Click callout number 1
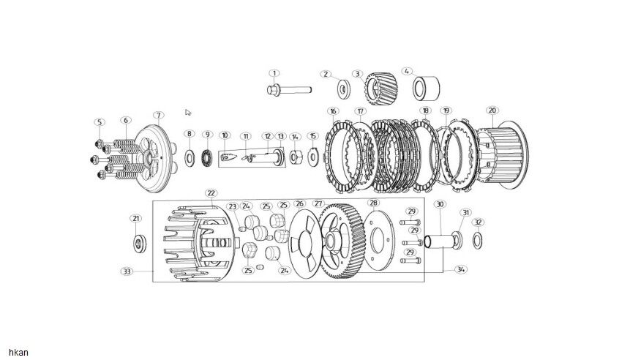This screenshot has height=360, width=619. click(x=274, y=73)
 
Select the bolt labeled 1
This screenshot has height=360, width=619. click(x=289, y=90)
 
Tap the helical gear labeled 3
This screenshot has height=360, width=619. click(x=381, y=89)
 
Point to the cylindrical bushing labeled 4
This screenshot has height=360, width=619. click(x=427, y=89)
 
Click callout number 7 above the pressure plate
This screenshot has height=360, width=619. click(x=158, y=116)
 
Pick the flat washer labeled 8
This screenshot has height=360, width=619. click(x=190, y=158)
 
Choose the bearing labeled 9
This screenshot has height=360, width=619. click(x=207, y=158)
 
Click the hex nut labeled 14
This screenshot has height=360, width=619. click(x=296, y=157)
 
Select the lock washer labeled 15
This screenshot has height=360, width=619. click(x=313, y=157)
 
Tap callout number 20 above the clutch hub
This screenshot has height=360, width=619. click(x=492, y=110)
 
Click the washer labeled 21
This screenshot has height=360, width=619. click(x=140, y=244)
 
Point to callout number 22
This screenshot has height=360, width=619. click(x=211, y=193)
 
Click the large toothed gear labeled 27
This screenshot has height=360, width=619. click(x=342, y=241)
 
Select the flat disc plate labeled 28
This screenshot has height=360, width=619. click(x=378, y=241)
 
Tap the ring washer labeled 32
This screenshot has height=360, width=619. click(x=477, y=241)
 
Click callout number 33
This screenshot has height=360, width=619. click(x=127, y=271)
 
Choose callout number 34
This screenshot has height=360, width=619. click(x=460, y=269)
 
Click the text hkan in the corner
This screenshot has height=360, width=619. click(x=18, y=353)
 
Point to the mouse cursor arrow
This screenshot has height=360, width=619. click(x=188, y=113)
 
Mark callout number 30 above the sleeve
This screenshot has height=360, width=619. click(x=440, y=204)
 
